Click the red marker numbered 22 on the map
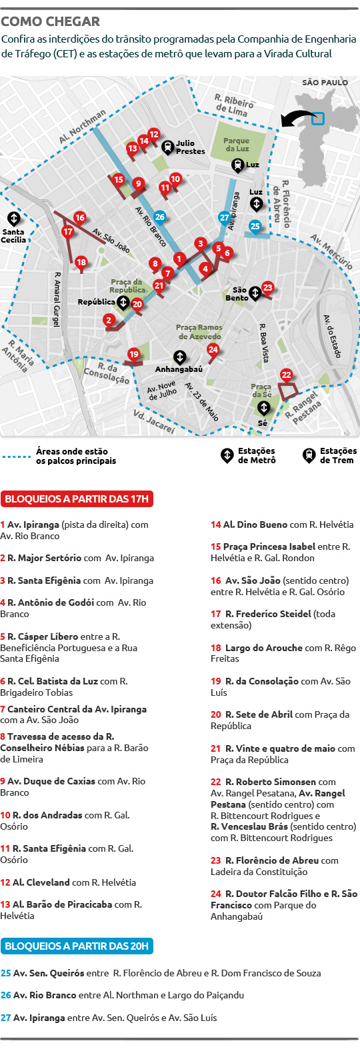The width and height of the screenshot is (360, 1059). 287,375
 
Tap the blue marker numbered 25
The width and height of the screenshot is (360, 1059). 255,226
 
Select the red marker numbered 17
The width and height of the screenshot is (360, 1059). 67,232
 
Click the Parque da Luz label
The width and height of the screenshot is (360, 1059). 237,145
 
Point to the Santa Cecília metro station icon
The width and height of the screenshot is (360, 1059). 13,218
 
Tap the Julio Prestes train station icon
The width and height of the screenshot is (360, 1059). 167,147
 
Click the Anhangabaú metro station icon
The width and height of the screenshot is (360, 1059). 179,357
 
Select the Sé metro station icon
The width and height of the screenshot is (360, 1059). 264,407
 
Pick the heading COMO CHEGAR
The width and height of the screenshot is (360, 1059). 51,21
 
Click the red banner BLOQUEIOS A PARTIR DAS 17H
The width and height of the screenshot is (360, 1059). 77,499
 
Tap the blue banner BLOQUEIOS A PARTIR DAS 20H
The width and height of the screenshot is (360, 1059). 77,946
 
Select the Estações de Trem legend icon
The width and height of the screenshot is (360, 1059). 309,455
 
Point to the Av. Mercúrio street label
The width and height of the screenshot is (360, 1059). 331,251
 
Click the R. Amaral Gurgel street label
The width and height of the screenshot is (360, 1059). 58,299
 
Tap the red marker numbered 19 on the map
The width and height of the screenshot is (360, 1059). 134,355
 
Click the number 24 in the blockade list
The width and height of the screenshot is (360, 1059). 216,894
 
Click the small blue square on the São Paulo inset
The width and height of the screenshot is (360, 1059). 318,119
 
